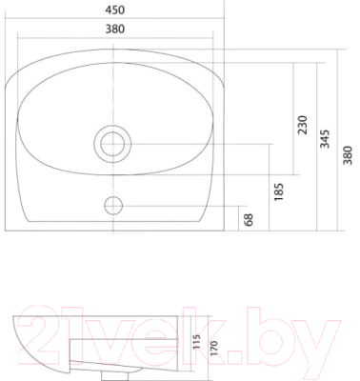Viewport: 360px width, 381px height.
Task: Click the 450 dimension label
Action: click(115, 10)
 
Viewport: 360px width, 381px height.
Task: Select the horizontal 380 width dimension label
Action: click(115, 30)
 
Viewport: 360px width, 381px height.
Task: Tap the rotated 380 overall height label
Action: click(348, 155)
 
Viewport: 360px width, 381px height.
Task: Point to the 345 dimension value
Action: click(325, 139)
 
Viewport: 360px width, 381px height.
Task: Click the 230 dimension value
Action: click(302, 125)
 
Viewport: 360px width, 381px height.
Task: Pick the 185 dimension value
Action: click(278, 191)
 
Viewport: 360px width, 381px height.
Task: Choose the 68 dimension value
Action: click(250, 220)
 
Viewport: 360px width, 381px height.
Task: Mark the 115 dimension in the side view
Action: click(197, 342)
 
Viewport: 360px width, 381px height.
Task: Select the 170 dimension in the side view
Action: click(214, 349)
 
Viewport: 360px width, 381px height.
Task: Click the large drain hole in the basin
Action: click(112, 144)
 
